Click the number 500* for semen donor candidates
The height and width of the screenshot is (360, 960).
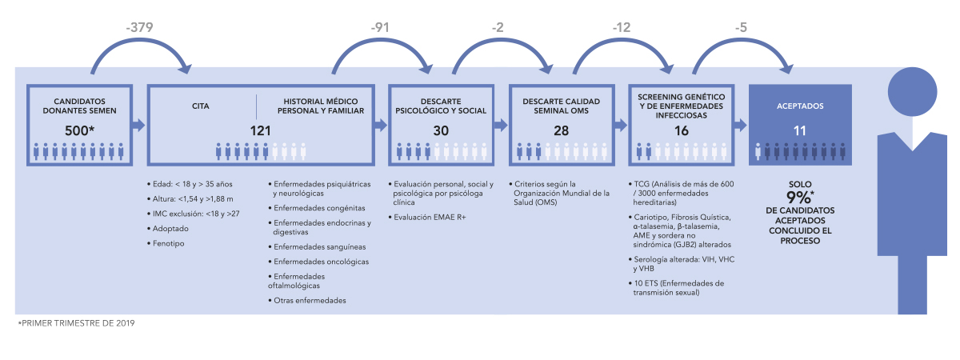click(x=80, y=130)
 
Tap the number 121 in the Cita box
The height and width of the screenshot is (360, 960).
click(x=261, y=130)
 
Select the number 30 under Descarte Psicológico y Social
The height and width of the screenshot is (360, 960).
click(x=441, y=130)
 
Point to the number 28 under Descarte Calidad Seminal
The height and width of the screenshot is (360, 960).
click(x=561, y=130)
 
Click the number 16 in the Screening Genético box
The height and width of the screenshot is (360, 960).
click(x=682, y=130)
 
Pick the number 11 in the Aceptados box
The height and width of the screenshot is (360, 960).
click(x=800, y=130)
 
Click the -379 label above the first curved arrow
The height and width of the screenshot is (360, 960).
click(x=139, y=27)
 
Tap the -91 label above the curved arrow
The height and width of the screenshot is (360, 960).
click(x=380, y=27)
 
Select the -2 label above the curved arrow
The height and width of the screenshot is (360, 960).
click(x=498, y=27)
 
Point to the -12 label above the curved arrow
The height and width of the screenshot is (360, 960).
click(x=622, y=27)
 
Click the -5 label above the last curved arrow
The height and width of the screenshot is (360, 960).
click(x=741, y=27)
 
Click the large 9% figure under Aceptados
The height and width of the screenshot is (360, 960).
click(x=800, y=197)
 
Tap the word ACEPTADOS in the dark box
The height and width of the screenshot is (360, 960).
click(x=800, y=106)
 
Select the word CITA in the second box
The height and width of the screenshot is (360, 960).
click(x=201, y=106)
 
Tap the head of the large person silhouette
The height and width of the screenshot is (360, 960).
click(x=912, y=92)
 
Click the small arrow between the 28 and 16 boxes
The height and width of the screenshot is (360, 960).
click(x=621, y=125)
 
